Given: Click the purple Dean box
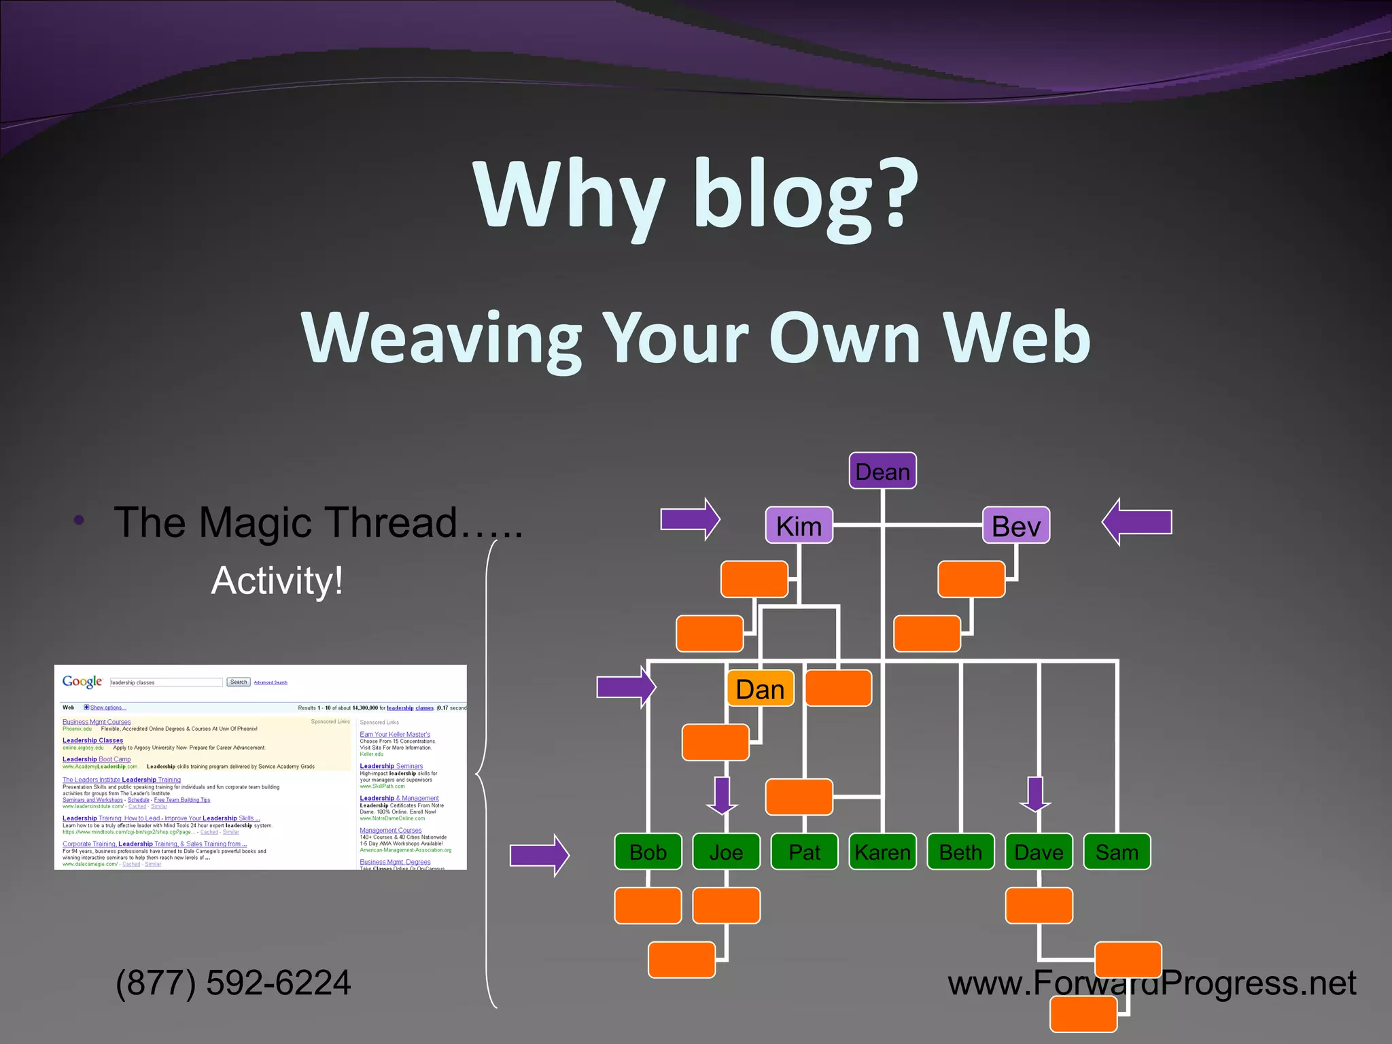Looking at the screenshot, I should [x=882, y=470].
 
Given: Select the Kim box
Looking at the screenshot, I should [x=799, y=525].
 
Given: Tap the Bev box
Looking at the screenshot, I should [x=1016, y=525].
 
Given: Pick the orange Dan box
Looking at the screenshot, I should [x=760, y=689].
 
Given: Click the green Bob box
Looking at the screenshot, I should [x=648, y=852].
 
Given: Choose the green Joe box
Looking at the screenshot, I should [x=726, y=852].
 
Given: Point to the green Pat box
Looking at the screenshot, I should [x=804, y=852].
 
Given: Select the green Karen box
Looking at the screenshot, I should [x=882, y=852].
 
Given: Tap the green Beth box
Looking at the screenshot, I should [x=960, y=852].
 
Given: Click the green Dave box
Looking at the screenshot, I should [x=1039, y=852].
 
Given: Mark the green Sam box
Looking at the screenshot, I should [x=1117, y=852].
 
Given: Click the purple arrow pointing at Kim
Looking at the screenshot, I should [x=690, y=520].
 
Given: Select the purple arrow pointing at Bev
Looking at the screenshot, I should [x=1136, y=522].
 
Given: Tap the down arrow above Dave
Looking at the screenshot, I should [x=1035, y=795].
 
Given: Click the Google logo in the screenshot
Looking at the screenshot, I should [x=82, y=682].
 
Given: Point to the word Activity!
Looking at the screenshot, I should [x=277, y=580].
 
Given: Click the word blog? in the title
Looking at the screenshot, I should [x=805, y=196].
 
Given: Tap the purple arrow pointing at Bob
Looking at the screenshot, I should [x=539, y=855].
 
